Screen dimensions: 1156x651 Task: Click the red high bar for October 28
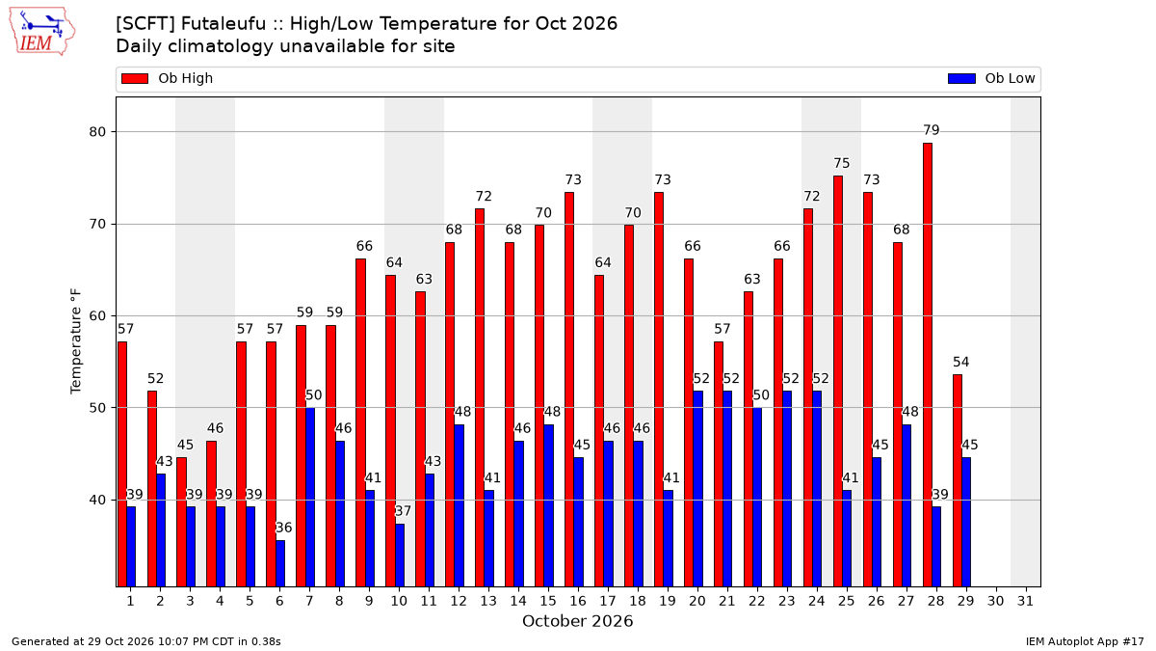928,365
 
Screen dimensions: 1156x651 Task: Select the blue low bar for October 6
280,563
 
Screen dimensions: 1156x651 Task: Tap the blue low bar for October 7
310,498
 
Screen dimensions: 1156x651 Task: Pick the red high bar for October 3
182,523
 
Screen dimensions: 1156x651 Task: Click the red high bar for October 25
838,381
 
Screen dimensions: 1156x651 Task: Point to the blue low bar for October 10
400,556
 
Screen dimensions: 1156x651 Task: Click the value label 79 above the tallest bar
932,130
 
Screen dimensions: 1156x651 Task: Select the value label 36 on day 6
284,528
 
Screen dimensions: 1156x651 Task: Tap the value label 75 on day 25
842,163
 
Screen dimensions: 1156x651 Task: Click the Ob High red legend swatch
135,78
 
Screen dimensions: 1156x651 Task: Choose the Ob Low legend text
1010,78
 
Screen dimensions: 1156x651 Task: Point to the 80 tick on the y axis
97,132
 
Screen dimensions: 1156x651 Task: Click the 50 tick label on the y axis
97,408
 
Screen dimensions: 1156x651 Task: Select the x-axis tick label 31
1025,602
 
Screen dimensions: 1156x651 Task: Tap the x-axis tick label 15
548,602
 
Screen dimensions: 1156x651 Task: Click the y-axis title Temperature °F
76,341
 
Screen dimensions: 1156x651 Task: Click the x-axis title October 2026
577,621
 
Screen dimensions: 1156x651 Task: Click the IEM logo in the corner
41,32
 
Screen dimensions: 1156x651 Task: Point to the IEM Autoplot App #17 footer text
1085,641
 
